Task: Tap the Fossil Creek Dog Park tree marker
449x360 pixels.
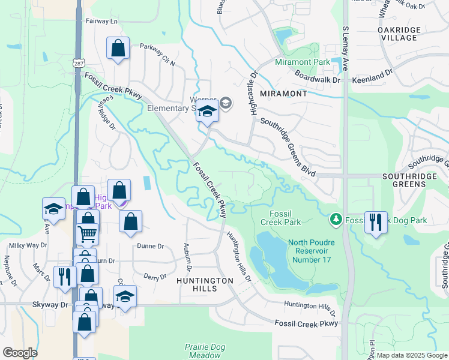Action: pyautogui.click(x=336, y=220)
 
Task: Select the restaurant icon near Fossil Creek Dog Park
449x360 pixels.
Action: pyautogui.click(x=376, y=222)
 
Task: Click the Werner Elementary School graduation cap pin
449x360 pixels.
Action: pyautogui.click(x=207, y=112)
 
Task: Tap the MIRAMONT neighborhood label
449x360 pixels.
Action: pyautogui.click(x=284, y=94)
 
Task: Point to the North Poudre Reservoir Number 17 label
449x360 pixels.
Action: pyautogui.click(x=310, y=251)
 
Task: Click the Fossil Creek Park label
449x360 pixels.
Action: pyautogui.click(x=281, y=217)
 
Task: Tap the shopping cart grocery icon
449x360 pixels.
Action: pyautogui.click(x=88, y=233)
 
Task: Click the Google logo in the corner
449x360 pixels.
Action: pyautogui.click(x=20, y=352)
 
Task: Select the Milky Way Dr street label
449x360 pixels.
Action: pyautogui.click(x=28, y=245)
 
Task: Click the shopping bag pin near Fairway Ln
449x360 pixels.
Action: pyautogui.click(x=118, y=49)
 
